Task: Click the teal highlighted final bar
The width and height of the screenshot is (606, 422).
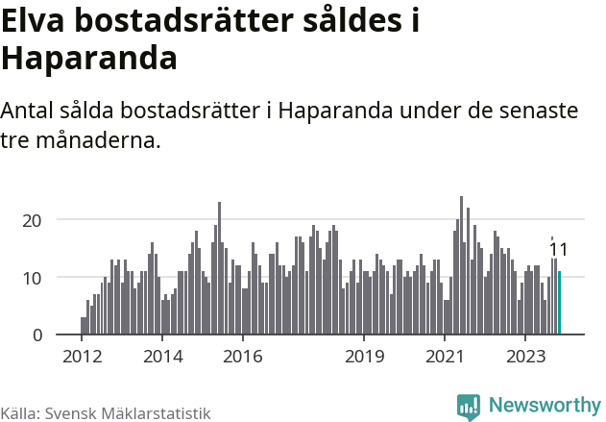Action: [x=559, y=303]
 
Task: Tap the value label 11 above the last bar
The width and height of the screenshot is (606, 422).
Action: [x=558, y=250]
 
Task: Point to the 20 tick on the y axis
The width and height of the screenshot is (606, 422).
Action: [x=32, y=220]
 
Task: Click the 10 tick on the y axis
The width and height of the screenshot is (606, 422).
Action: [x=32, y=278]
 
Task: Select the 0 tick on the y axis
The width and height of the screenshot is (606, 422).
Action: [x=36, y=335]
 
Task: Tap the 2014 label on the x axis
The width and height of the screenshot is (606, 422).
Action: [x=161, y=357]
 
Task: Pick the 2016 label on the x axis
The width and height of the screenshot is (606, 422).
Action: [x=242, y=357]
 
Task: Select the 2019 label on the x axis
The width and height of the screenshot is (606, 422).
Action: [x=364, y=357]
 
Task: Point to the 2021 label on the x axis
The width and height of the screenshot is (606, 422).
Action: [x=445, y=357]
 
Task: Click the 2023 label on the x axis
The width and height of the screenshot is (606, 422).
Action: [x=525, y=357]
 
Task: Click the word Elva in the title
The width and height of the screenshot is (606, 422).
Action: [x=36, y=21]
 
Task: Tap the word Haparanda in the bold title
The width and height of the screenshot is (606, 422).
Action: [x=89, y=59]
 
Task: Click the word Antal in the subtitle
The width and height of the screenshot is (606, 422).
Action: [x=28, y=111]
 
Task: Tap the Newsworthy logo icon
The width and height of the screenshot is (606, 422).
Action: [x=469, y=407]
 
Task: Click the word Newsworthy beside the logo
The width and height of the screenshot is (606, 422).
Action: [x=545, y=407]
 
